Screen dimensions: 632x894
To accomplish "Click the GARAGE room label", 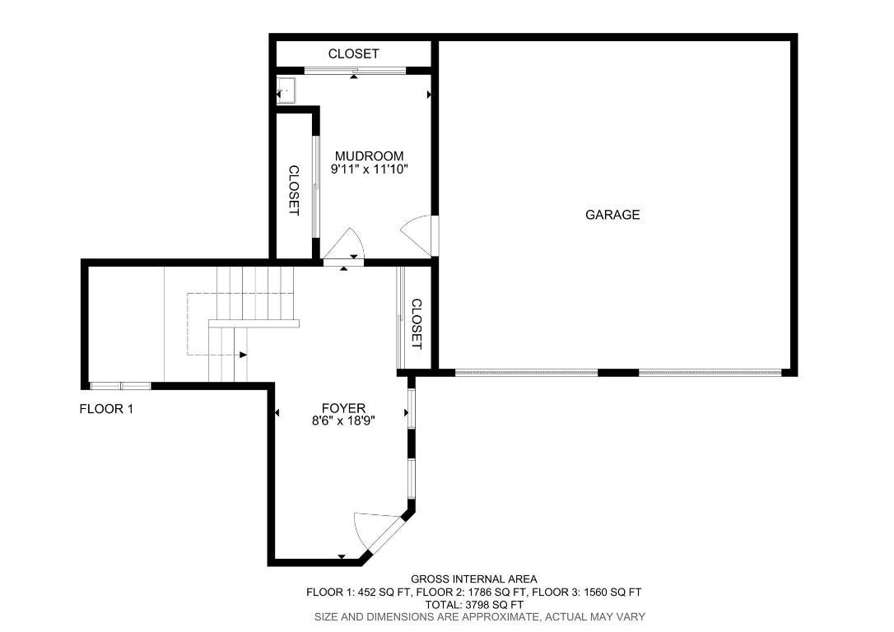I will (612, 215).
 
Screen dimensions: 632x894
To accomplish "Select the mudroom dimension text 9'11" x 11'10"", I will (369, 170).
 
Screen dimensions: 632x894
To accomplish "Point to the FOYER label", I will (343, 408).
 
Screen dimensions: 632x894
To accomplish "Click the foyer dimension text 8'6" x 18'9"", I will (343, 421).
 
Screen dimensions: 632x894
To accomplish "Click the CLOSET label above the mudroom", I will (353, 53).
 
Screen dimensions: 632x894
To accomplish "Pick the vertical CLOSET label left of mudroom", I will (293, 191).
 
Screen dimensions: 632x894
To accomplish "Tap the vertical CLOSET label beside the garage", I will (416, 323).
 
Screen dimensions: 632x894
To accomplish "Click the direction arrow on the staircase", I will (243, 355).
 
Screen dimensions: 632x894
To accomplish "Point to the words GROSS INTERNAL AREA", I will (474, 579).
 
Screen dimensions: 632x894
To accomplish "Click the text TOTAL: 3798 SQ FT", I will (474, 604).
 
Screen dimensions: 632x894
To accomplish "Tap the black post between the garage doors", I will (618, 373).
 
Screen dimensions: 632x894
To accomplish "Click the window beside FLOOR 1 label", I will (120, 385).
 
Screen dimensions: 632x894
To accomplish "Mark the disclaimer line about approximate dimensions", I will (480, 616).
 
